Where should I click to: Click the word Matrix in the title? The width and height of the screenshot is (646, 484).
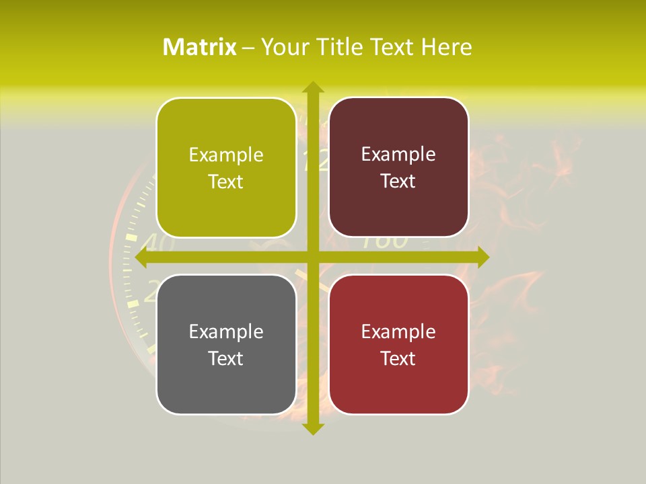(199, 47)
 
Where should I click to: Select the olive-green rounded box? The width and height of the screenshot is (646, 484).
(226, 167)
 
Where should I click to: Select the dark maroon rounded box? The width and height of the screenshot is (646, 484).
(398, 167)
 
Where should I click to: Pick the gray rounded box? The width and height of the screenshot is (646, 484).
(226, 344)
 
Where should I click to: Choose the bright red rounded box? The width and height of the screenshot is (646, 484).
(398, 344)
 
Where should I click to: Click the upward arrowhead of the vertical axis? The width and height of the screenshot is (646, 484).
(312, 88)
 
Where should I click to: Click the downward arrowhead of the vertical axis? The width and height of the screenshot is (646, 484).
(312, 428)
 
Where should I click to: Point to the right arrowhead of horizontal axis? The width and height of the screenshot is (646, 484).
(482, 257)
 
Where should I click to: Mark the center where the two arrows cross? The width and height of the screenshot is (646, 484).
(312, 257)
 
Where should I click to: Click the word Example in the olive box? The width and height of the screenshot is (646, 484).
(226, 155)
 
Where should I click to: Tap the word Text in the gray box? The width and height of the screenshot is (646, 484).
(226, 358)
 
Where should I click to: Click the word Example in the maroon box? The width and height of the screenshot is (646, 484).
(398, 154)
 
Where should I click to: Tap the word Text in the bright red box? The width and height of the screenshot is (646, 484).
(398, 358)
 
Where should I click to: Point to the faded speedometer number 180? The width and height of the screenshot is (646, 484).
(385, 242)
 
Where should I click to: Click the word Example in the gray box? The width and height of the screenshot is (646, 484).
(226, 331)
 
